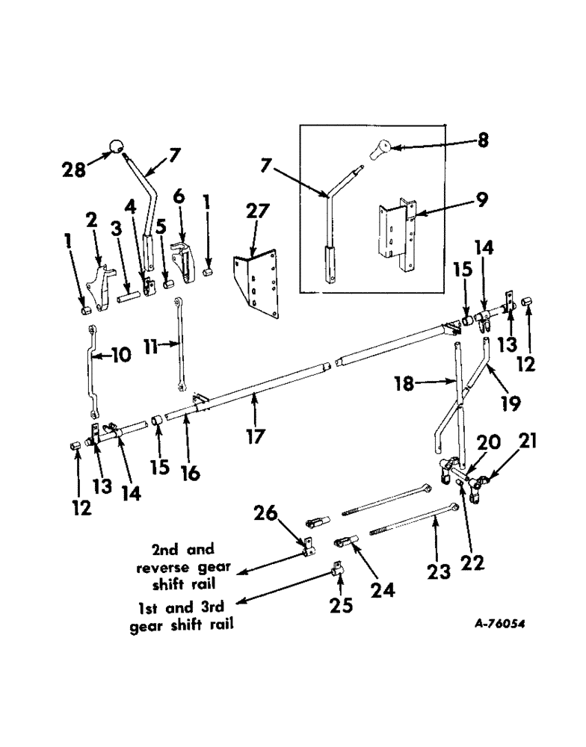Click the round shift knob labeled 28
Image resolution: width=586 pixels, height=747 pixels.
pyautogui.click(x=117, y=146)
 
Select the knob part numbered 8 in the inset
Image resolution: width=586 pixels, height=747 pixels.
pyautogui.click(x=381, y=149)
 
